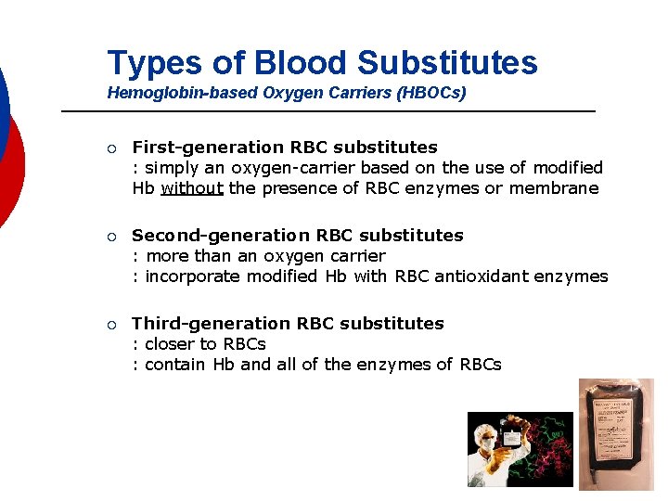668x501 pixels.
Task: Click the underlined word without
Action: [192, 188]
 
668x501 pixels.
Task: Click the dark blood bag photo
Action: [615, 433]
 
